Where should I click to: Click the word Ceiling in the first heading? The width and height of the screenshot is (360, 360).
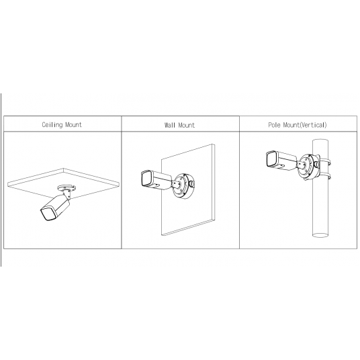(x=51, y=125)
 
